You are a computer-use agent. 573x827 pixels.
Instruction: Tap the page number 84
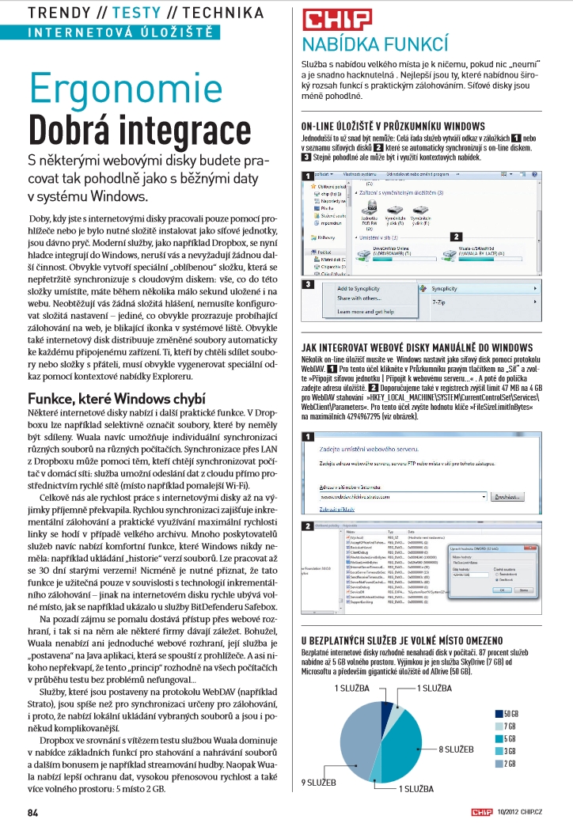pos(33,812)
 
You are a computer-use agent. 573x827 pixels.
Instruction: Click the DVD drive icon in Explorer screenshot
pos(370,209)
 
